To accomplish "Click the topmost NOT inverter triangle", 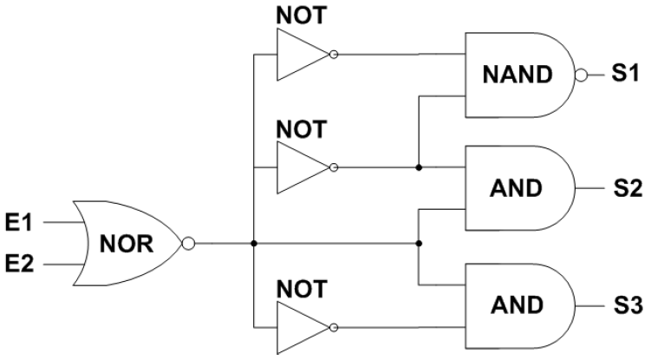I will point(299,55).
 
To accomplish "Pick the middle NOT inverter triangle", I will point(299,167).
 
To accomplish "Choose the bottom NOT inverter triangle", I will point(299,328).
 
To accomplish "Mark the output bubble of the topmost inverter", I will point(334,55).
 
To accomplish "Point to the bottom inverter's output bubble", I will point(334,328).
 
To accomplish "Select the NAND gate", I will point(518,75).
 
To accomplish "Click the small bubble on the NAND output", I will point(582,75).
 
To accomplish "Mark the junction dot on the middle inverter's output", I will point(419,167).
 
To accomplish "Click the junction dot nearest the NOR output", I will point(253,242).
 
